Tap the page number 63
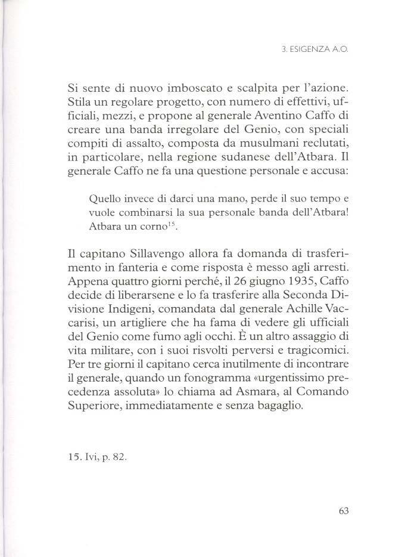(341, 510)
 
